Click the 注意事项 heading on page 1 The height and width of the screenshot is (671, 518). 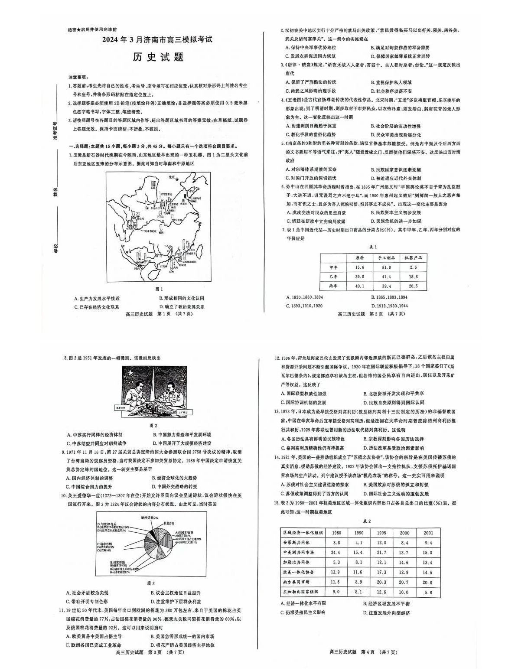(78, 76)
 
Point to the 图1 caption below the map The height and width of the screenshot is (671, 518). (159, 289)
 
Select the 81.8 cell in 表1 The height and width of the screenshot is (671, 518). (386, 267)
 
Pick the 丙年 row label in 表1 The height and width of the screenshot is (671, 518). (334, 286)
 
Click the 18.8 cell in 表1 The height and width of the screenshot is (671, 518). (413, 277)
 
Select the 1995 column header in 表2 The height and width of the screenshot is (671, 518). (381, 533)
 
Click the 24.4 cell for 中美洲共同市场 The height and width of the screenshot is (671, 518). (336, 552)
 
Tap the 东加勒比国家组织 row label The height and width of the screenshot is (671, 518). (300, 592)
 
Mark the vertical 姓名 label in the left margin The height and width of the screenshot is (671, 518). (55, 191)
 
